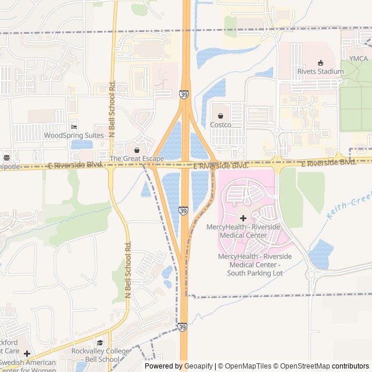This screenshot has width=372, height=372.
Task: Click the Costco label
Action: pyautogui.click(x=220, y=125)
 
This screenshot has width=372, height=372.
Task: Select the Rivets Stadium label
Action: pyautogui.click(x=320, y=71)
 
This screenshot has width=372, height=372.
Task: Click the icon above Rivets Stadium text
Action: pyautogui.click(x=320, y=62)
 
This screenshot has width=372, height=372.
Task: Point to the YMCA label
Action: pyautogui.click(x=358, y=59)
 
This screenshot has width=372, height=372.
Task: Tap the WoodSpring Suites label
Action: pyautogui.click(x=74, y=135)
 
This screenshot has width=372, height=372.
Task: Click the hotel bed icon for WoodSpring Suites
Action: pyautogui.click(x=74, y=127)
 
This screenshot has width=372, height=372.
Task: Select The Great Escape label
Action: pyautogui.click(x=136, y=158)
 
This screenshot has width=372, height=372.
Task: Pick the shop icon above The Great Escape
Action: pyautogui.click(x=137, y=149)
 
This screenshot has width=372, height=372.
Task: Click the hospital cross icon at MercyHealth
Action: pyautogui.click(x=243, y=217)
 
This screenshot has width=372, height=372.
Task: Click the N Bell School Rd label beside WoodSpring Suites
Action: pyautogui.click(x=112, y=110)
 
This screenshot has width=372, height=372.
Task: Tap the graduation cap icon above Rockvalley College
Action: pyautogui.click(x=100, y=342)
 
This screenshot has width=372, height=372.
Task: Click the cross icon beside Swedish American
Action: pyautogui.click(x=27, y=353)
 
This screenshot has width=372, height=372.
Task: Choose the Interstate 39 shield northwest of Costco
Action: pyautogui.click(x=184, y=94)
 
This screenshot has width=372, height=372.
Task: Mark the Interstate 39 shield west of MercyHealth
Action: pyautogui.click(x=184, y=210)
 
